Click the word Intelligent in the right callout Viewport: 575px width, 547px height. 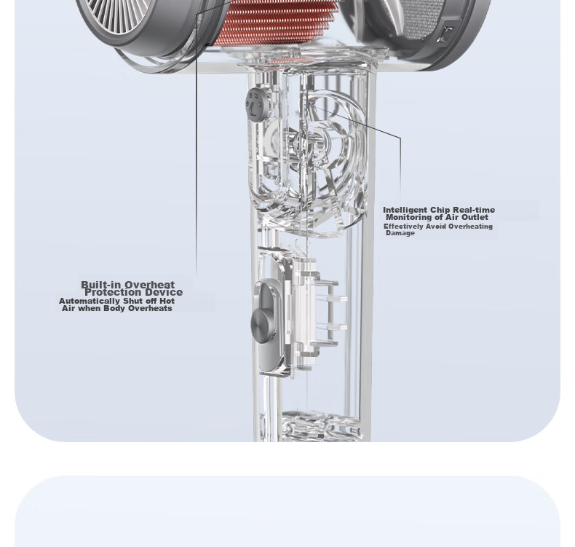(x=405, y=210)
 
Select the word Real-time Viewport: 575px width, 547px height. (x=474, y=210)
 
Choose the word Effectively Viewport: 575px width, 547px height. (x=403, y=227)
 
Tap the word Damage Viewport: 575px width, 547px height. (x=400, y=233)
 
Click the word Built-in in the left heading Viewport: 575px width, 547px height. (x=101, y=285)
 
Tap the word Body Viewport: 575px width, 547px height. (x=115, y=308)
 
